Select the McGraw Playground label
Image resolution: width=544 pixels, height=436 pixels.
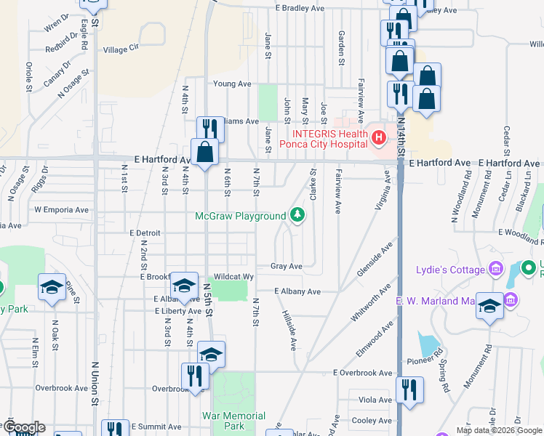pos(241,216)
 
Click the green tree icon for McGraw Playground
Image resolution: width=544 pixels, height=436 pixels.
pos(297,215)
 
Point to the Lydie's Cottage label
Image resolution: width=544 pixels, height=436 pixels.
pos(450,270)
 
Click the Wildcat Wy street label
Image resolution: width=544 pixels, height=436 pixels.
pos(233,277)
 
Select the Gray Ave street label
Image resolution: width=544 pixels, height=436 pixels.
pos(286,267)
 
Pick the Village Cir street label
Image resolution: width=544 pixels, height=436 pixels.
pos(121,49)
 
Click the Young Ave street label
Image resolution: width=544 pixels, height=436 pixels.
pos(233,84)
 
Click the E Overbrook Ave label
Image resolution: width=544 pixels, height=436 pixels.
pos(363,373)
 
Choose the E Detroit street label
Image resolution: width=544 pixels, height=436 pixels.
pos(143,233)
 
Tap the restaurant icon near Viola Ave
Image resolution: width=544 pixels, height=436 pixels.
pos(409,389)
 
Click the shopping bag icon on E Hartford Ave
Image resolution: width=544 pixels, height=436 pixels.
pos(204,152)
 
